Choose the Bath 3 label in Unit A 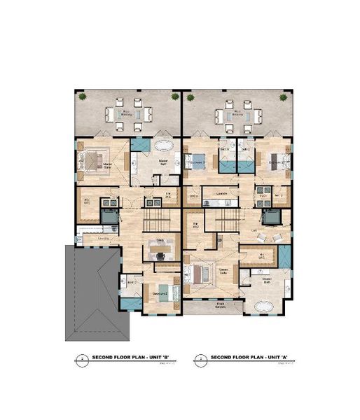click(226, 150)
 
